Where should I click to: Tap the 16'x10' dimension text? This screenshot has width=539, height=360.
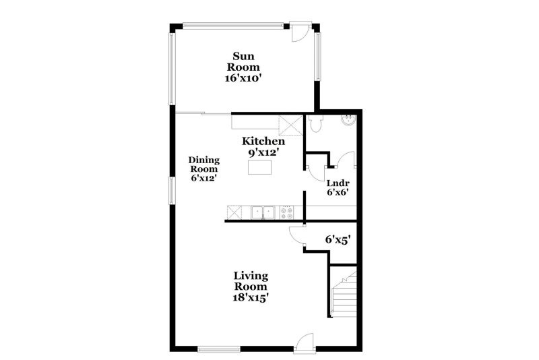pyautogui.click(x=243, y=78)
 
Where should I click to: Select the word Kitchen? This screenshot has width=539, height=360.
pyautogui.click(x=263, y=142)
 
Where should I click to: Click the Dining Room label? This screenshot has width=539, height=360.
pyautogui.click(x=203, y=164)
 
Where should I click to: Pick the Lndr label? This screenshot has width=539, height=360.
pyautogui.click(x=337, y=183)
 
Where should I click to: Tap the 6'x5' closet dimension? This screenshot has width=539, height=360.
pyautogui.click(x=338, y=239)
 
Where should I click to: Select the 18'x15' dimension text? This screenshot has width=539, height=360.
pyautogui.click(x=251, y=297)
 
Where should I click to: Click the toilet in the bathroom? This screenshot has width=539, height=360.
pyautogui.click(x=319, y=123)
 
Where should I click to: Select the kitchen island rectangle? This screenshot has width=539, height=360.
pyautogui.click(x=261, y=169)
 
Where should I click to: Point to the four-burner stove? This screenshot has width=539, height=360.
pyautogui.click(x=287, y=213)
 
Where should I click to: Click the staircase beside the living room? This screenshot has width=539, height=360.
pyautogui.click(x=343, y=293)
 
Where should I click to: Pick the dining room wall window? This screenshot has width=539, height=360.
pyautogui.click(x=172, y=190)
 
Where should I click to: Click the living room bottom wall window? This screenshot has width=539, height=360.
pyautogui.click(x=219, y=349)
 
